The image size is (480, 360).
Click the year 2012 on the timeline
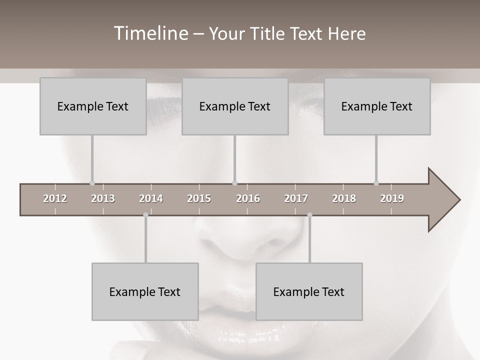pos(55,198)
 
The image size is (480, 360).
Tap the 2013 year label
pos(103,198)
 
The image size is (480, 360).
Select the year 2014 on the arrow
pos(151,198)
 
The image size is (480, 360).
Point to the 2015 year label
pos(199,198)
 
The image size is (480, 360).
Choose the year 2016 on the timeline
pos(248,198)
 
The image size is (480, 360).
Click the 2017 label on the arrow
pos(296,198)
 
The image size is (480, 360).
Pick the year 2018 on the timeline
pos(344,198)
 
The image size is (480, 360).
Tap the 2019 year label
pos(392,198)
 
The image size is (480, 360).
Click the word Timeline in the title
pos(149,33)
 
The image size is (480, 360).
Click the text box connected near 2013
pos(93,106)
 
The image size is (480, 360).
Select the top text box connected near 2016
pos(235,106)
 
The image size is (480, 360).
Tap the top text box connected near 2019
pos(377,106)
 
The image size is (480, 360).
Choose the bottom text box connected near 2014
pos(145,292)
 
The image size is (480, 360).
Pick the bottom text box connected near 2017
pos(309,292)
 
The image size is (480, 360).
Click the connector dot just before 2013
pos(92,183)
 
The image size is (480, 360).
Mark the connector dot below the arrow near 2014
pos(145,215)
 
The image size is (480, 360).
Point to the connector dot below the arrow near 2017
pos(309,215)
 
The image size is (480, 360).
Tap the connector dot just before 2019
pos(376,183)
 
